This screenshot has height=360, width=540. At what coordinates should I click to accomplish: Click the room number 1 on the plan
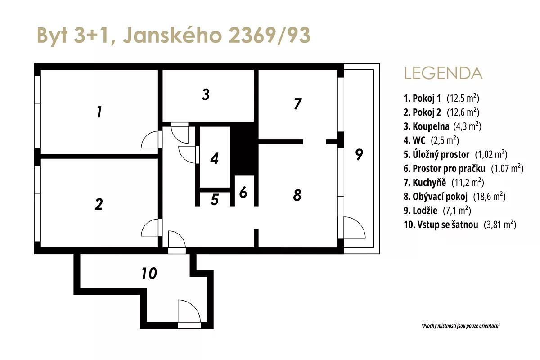99,112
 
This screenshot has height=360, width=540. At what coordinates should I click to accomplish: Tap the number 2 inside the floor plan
99,204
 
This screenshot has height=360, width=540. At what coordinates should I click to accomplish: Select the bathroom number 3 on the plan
205,94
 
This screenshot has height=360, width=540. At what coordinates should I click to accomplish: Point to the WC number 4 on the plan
214,158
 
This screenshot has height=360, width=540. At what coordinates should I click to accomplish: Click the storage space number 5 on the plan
215,200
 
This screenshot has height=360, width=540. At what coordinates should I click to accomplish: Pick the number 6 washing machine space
243,192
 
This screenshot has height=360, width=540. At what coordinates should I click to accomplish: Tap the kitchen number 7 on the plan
298,103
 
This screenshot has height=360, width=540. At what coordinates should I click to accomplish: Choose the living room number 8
297,195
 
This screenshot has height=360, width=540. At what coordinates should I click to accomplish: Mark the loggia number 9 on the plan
359,154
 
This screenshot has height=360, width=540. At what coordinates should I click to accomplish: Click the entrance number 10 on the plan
149,274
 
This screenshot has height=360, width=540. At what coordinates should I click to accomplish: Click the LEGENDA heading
443,73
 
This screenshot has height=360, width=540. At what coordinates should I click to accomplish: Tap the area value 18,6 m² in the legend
489,197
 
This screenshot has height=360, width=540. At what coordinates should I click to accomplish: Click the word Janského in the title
172,35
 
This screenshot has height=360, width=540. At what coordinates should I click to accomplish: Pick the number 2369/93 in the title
269,36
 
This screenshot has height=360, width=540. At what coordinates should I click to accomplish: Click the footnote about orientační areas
461,326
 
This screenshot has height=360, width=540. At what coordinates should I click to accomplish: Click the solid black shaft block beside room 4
244,148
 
